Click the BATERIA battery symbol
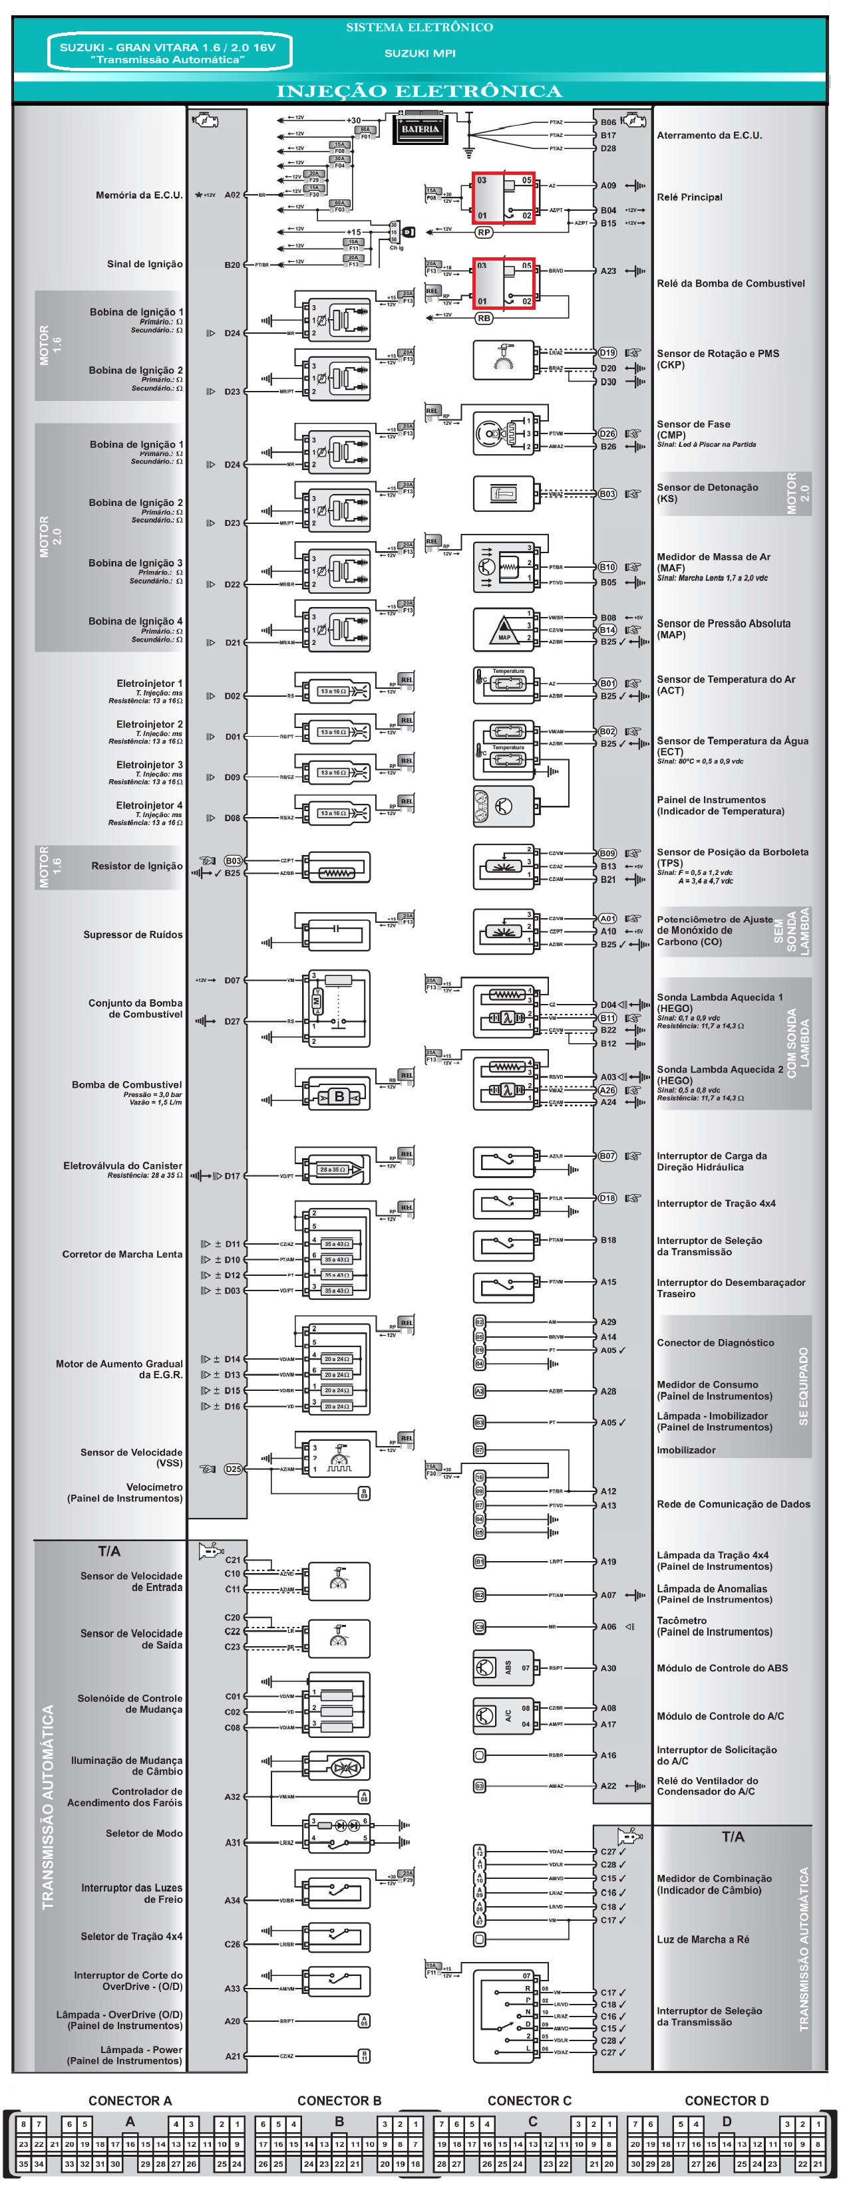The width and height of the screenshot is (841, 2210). click(x=420, y=130)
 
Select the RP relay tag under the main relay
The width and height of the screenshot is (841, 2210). click(x=484, y=231)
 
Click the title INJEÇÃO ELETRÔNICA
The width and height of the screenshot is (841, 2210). click(x=419, y=91)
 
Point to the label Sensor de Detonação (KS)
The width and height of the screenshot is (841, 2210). click(x=707, y=493)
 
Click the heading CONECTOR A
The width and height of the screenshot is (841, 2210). click(x=130, y=2100)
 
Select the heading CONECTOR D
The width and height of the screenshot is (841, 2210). click(x=726, y=2100)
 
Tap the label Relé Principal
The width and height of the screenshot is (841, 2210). click(x=689, y=197)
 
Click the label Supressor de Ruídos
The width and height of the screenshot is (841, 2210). click(x=133, y=934)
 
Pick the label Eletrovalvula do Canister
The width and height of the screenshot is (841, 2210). click(x=122, y=1166)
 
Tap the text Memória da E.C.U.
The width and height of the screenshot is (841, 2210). click(x=139, y=195)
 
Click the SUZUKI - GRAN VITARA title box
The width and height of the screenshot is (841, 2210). click(x=168, y=53)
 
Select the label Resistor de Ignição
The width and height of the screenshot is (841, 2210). click(x=137, y=866)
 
